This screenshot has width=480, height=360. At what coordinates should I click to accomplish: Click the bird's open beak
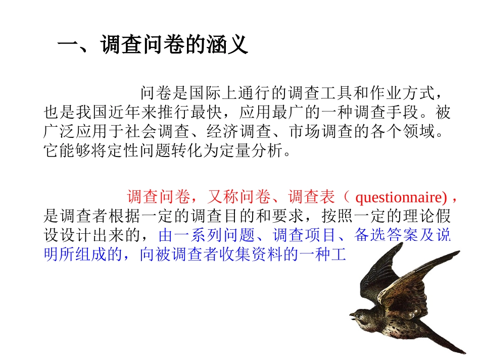352,316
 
